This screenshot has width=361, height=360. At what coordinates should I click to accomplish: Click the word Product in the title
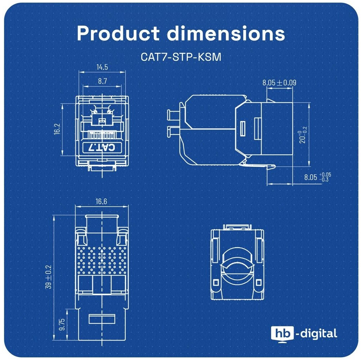click(x=118, y=33)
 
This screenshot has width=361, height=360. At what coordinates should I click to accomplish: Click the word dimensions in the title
click(x=226, y=33)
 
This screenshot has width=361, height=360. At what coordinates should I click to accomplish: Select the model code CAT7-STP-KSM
click(x=181, y=57)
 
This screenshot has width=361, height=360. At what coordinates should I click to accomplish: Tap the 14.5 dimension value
click(x=102, y=67)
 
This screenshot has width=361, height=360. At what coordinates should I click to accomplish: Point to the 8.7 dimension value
click(x=103, y=81)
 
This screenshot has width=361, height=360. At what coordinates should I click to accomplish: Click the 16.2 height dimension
click(x=57, y=129)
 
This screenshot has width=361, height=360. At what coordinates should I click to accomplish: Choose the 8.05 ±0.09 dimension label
click(x=279, y=82)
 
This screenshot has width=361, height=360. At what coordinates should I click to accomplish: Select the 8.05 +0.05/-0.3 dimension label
click(x=318, y=177)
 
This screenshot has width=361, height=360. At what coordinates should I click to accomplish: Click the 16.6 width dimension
click(x=101, y=201)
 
